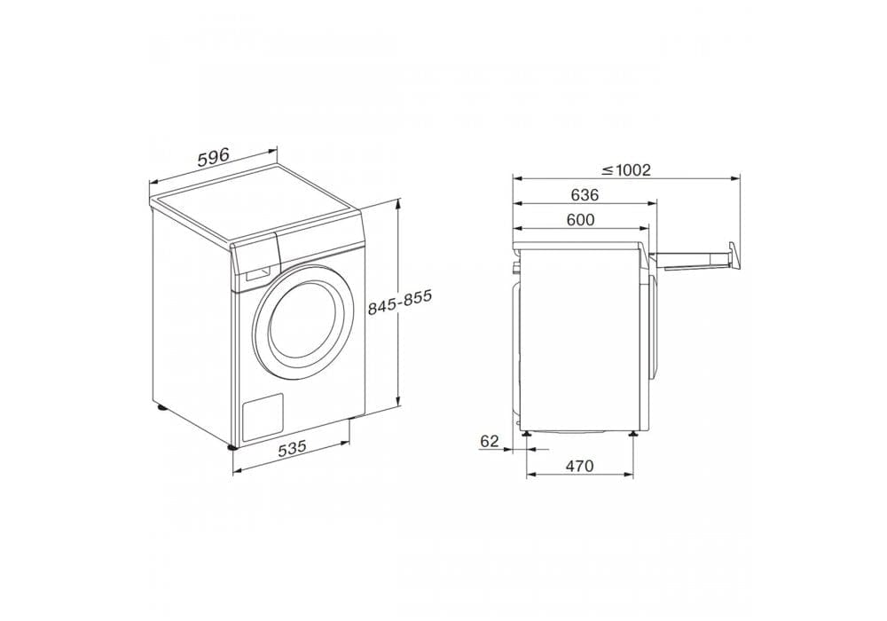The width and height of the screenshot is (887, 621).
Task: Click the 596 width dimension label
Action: pyautogui.click(x=213, y=158)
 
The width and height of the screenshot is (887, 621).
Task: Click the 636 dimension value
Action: pyautogui.click(x=585, y=195)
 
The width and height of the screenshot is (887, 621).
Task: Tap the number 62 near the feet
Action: pyautogui.click(x=490, y=440)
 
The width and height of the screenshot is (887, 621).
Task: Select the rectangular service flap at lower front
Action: pyautogui.click(x=262, y=416)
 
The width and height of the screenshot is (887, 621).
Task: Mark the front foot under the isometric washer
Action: pyautogui.click(x=233, y=448)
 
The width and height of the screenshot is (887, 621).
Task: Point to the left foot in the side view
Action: pyautogui.click(x=527, y=433)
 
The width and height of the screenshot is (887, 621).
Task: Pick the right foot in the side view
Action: pyautogui.click(x=633, y=433)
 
